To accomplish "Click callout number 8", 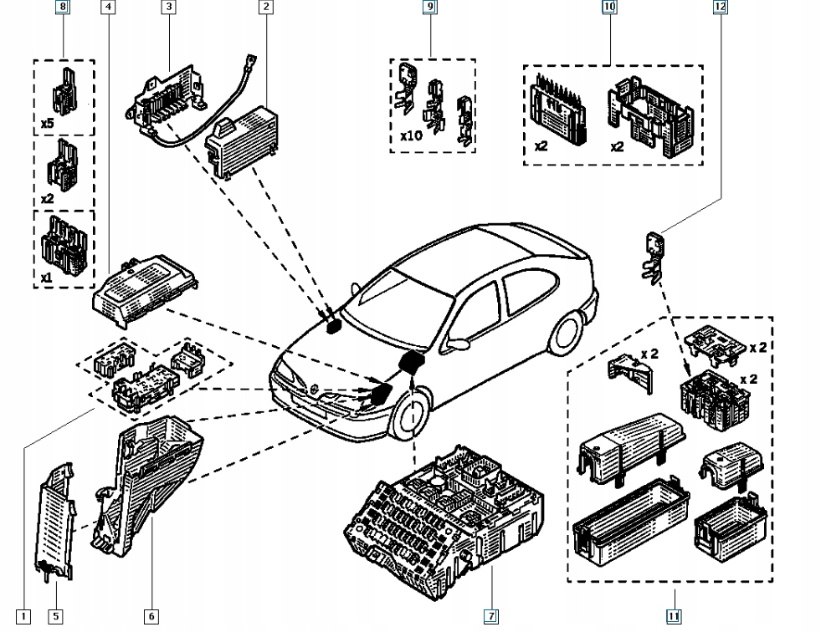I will click(63, 8).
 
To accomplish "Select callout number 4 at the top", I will click(110, 8).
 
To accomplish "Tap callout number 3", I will click(169, 8).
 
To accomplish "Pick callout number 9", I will click(431, 8).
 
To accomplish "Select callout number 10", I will click(609, 8).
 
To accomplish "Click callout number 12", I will click(720, 8).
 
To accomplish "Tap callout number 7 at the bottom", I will click(491, 617).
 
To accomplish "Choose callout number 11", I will click(674, 617).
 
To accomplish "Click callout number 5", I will click(55, 617).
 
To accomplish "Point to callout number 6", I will click(151, 617).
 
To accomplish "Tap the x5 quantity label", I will click(48, 123).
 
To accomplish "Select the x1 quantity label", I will click(48, 277).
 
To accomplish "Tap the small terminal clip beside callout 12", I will click(653, 254).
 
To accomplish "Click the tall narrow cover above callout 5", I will click(55, 517).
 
